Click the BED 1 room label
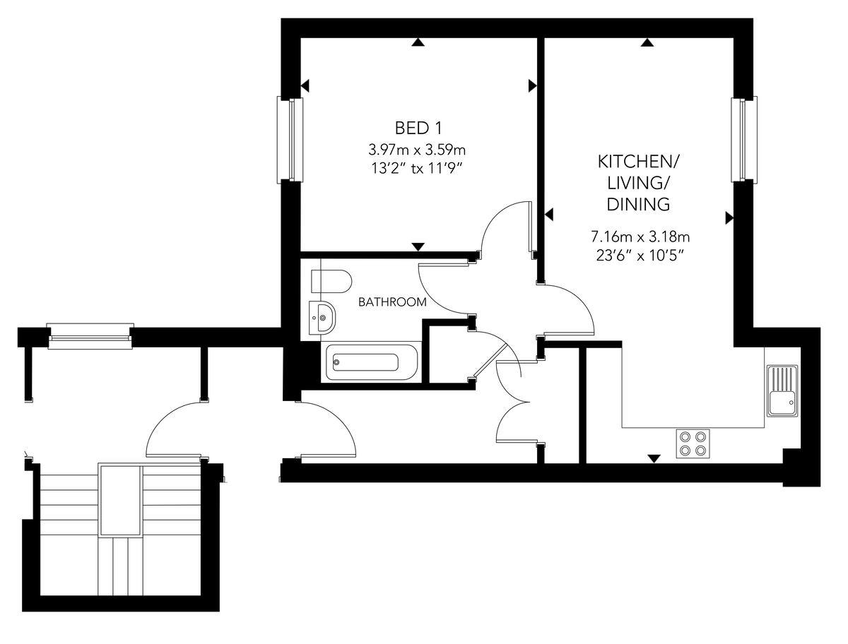click(x=418, y=128)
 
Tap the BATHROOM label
click(x=392, y=302)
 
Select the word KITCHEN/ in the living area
click(x=638, y=162)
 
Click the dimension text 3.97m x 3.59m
click(x=417, y=150)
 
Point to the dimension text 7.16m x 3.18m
click(x=640, y=237)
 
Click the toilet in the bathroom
click(x=331, y=281)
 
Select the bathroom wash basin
click(x=322, y=318)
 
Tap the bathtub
click(x=371, y=362)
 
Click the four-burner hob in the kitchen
click(x=693, y=443)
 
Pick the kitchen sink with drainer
click(x=782, y=390)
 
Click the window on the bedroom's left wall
click(x=290, y=139)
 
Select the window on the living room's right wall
click(x=744, y=139)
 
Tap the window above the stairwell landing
click(x=90, y=336)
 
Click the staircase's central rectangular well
click(x=121, y=501)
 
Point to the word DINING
click(x=638, y=204)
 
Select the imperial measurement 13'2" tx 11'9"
click(x=417, y=168)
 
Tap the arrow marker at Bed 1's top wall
click(x=418, y=42)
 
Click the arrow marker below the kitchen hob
click(x=654, y=459)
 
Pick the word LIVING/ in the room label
click(x=638, y=183)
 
